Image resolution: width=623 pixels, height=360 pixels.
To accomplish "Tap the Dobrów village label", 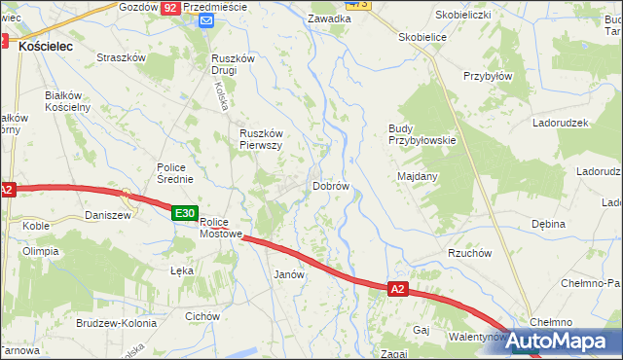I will tap(331, 186).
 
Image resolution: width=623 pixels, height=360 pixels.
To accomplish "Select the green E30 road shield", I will tap(186, 213).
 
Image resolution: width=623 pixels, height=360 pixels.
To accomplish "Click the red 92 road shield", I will tap(170, 7).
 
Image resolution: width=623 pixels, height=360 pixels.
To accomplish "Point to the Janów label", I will tap(290, 274).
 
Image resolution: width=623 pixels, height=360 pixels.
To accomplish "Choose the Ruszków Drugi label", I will tap(233, 63).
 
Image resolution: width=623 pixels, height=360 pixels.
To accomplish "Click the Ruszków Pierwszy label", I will tap(261, 139).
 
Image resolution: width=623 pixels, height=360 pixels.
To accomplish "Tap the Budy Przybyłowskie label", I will tap(421, 134).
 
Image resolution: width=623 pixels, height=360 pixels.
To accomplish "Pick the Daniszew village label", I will tap(108, 215).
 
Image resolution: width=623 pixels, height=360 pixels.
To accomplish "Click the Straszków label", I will tap(121, 57).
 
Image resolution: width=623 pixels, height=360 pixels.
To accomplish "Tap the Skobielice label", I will tap(422, 37).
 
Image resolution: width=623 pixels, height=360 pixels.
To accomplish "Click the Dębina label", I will tap(548, 224).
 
